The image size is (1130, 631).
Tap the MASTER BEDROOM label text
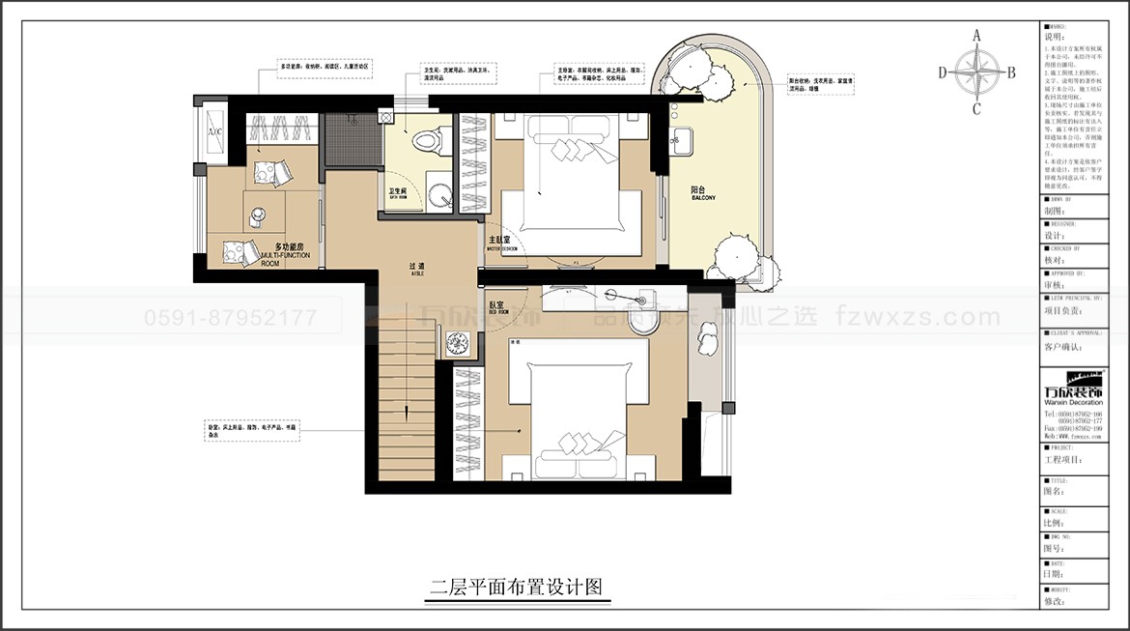502,243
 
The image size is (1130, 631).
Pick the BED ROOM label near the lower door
499,308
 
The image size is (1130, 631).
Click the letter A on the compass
976,36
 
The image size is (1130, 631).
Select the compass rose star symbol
976,72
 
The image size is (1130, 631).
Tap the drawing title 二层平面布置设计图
517,587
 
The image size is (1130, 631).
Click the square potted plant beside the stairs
458,343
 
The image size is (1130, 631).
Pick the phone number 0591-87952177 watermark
230,317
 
